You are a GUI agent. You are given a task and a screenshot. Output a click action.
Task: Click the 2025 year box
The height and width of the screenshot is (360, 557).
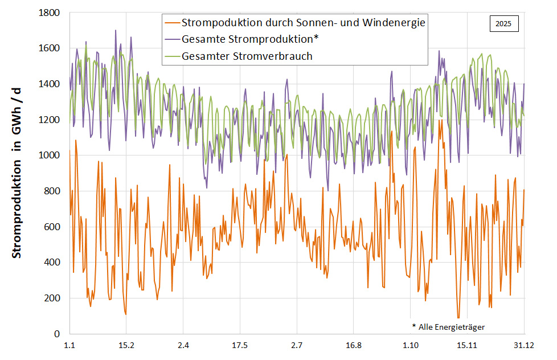pos(503,24)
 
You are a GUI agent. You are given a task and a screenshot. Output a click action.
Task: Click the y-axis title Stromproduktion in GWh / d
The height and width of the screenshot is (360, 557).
pos(18,172)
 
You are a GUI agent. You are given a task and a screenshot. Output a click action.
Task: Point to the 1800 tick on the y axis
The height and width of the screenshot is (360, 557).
pos(50,13)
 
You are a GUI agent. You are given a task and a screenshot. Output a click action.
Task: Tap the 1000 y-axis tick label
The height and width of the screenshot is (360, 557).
pos(50,156)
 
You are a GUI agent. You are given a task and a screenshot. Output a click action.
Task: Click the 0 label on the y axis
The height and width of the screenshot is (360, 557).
pos(58,334)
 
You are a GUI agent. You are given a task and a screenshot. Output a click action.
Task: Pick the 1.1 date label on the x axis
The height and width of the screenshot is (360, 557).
pos(69,345)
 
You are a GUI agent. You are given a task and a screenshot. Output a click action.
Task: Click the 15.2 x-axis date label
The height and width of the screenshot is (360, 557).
pos(126,345)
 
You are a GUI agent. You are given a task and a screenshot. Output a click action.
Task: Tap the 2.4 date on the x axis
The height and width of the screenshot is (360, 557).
pos(183,345)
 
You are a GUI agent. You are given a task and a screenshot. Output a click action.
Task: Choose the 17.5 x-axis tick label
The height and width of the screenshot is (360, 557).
pos(240,345)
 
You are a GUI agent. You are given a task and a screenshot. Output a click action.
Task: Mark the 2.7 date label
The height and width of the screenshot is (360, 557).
pos(296,345)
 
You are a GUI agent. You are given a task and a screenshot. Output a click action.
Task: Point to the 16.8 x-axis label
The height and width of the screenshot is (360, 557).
pos(353,345)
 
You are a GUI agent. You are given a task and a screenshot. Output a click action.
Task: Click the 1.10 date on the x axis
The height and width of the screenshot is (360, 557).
pos(410,345)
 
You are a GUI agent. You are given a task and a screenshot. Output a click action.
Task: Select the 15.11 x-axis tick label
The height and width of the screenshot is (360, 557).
pos(466,345)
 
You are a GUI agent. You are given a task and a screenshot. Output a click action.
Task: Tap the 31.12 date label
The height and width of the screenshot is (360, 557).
pos(523,345)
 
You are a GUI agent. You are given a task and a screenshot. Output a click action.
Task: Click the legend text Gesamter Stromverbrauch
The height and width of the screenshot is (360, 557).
pos(247,56)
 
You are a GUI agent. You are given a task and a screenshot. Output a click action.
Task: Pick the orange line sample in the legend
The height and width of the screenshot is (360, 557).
pos(171,23)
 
